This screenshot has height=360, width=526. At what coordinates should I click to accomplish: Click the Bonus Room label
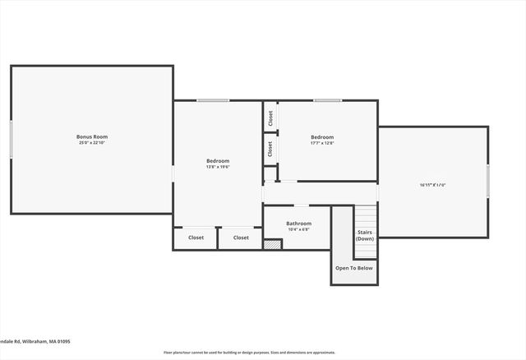click(92, 136)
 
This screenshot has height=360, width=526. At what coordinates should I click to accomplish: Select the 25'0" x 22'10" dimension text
click(92, 143)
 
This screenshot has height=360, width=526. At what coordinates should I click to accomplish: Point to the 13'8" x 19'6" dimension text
click(218, 167)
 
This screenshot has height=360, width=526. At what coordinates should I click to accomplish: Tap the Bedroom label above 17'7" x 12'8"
click(322, 136)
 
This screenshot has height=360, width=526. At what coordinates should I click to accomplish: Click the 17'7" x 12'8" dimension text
click(322, 143)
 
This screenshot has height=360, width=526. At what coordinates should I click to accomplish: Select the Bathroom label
click(298, 223)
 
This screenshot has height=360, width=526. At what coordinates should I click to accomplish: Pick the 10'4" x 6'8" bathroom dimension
click(298, 229)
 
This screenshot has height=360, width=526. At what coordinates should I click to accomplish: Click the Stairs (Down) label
click(365, 235)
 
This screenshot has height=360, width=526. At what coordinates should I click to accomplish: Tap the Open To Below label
click(354, 268)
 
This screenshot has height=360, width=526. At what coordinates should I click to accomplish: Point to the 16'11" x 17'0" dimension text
click(431, 185)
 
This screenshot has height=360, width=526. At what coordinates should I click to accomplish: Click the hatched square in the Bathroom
click(271, 244)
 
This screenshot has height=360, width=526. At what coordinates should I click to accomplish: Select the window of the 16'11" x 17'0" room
click(488, 181)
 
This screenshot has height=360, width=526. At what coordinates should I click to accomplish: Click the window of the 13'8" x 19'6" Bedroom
click(213, 100)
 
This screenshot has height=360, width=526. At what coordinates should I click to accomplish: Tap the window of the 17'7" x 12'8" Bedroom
click(328, 100)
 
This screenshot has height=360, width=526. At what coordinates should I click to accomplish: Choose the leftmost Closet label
click(196, 238)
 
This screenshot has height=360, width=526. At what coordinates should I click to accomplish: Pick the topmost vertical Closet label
click(270, 118)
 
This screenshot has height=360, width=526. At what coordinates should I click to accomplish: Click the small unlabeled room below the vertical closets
click(270, 173)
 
